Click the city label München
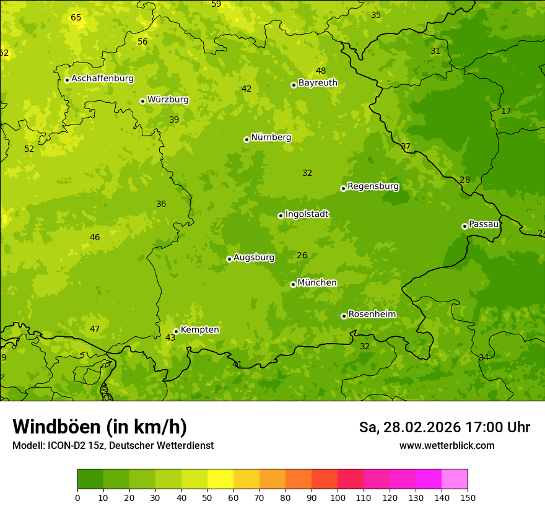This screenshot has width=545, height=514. pos(317,283)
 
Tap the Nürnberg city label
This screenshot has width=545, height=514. pos(271,137)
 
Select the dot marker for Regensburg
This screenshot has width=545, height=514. pos(343,188)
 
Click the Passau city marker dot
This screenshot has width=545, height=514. pos(464,226)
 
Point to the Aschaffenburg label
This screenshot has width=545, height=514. pos(102,79)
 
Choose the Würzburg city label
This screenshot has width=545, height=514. pos(168,100)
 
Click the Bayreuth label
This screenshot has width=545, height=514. pos(318,83)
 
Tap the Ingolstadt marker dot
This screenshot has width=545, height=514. pos(281,216)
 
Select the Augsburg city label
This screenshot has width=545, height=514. pos(254,258)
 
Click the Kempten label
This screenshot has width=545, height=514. pos(199,330)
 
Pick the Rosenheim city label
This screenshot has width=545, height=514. pos(372,315)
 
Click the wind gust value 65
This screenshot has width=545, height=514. pos(76,17)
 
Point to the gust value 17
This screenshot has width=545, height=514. pos(506,111)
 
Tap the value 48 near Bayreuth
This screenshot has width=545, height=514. pos(321,71)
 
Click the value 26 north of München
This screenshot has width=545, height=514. pos(302,255)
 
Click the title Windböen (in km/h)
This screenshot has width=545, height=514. pos(100,427)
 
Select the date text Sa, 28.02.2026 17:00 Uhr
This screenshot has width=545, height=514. pos(444,427)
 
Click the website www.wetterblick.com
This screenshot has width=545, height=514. pos(447,446)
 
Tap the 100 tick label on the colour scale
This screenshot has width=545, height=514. pos(338,497)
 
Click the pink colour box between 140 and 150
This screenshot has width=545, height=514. pos(455,479)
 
